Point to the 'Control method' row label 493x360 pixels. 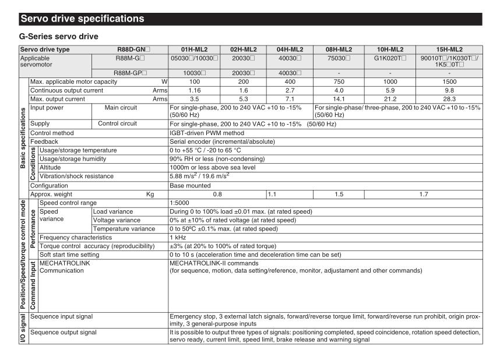[x=52, y=133]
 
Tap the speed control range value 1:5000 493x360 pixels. [x=179, y=202]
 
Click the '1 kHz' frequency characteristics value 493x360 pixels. [x=177, y=238]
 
